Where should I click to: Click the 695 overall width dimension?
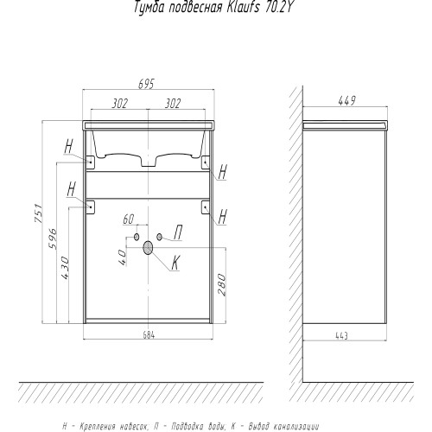point(147,84)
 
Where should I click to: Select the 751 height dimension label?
point(39,213)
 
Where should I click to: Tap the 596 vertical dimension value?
point(53,238)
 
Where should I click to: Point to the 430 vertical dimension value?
point(65,268)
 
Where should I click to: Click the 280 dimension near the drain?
point(222,284)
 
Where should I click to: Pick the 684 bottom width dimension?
point(149,335)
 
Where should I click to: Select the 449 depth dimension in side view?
point(347,101)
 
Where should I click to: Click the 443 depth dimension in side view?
point(342,335)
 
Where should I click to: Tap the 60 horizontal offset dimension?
point(129,219)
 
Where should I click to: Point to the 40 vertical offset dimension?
point(122,257)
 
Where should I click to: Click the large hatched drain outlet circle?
point(148,248)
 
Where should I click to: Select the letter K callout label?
point(175,263)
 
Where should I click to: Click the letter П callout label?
point(178,232)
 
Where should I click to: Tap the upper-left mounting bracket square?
point(91,162)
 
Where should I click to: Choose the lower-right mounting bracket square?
point(206,207)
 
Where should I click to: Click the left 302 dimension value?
point(119,103)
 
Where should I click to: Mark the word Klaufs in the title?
point(244,8)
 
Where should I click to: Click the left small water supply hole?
point(137,237)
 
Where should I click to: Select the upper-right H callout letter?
point(223,172)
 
